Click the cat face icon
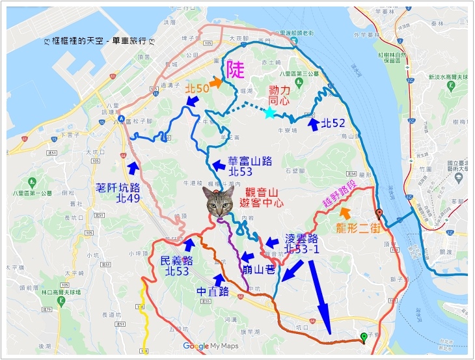pos(219,202)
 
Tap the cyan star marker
pos(269,113)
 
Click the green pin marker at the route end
pos(363,337)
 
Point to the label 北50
pos(197,88)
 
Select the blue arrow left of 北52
pos(314,124)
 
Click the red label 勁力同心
pos(278,96)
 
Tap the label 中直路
pos(213,290)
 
